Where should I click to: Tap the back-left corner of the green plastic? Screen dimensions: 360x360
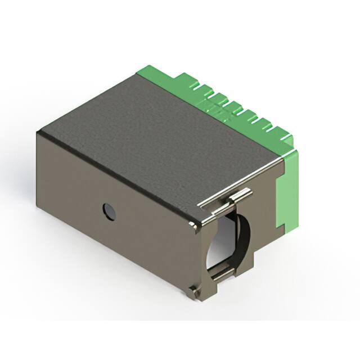coord(139,72)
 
